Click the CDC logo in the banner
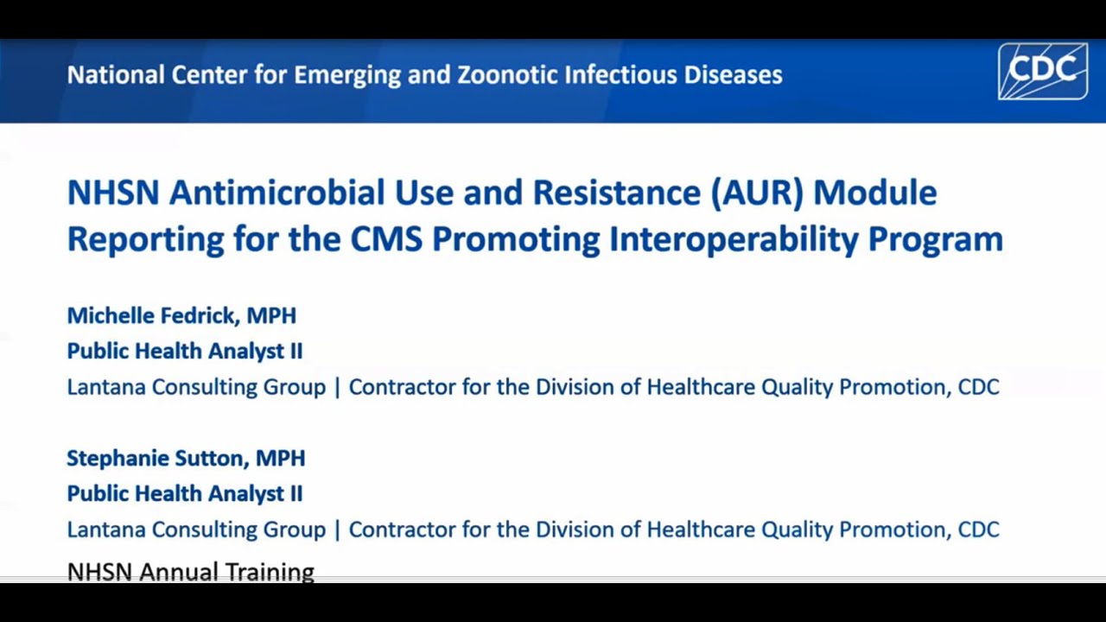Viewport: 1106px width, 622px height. (x=1043, y=72)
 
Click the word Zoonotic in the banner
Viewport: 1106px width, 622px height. (x=507, y=75)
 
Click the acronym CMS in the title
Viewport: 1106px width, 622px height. (x=385, y=239)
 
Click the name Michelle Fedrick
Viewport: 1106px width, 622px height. (x=151, y=315)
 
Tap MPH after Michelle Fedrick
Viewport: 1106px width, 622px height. (x=271, y=315)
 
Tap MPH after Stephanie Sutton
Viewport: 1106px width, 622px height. (x=280, y=458)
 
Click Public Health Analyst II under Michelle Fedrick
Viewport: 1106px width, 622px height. (x=184, y=351)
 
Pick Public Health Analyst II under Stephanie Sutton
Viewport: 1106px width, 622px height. (x=184, y=493)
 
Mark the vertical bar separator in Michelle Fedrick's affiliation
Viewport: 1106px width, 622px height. (x=337, y=387)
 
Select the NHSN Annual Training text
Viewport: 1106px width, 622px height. (x=190, y=571)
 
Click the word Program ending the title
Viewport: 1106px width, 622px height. (x=935, y=239)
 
